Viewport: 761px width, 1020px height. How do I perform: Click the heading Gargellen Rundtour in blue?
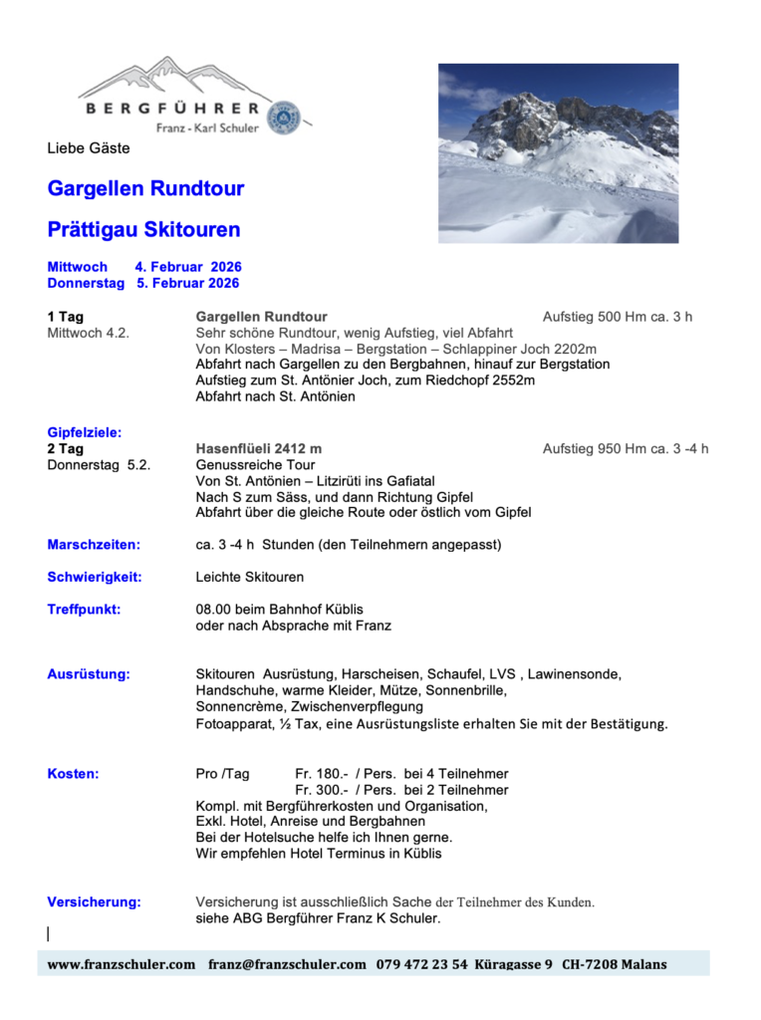(x=145, y=189)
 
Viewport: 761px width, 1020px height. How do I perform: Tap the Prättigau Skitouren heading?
(x=143, y=230)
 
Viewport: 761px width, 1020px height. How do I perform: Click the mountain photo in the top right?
(x=558, y=153)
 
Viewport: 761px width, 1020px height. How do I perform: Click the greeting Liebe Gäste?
(x=89, y=148)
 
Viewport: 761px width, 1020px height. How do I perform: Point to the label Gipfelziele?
(x=85, y=432)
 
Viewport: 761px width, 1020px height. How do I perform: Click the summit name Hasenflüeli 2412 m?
(x=259, y=449)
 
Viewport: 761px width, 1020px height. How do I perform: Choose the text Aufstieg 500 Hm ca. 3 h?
(x=617, y=317)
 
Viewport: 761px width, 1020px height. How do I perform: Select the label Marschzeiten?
(x=94, y=545)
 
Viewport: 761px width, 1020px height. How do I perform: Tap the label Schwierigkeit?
(x=95, y=577)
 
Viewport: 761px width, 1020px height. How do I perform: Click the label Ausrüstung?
(x=89, y=674)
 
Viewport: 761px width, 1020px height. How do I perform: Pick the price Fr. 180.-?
(x=321, y=774)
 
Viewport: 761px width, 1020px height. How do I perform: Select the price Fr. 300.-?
(x=321, y=790)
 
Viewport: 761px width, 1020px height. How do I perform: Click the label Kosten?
(x=73, y=774)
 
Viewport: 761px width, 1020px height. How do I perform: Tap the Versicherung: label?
(x=94, y=902)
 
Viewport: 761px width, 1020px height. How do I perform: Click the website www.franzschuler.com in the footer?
(x=122, y=964)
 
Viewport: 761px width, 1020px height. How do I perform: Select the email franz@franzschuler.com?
(x=287, y=964)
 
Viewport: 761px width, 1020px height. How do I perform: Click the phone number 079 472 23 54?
(x=421, y=964)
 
